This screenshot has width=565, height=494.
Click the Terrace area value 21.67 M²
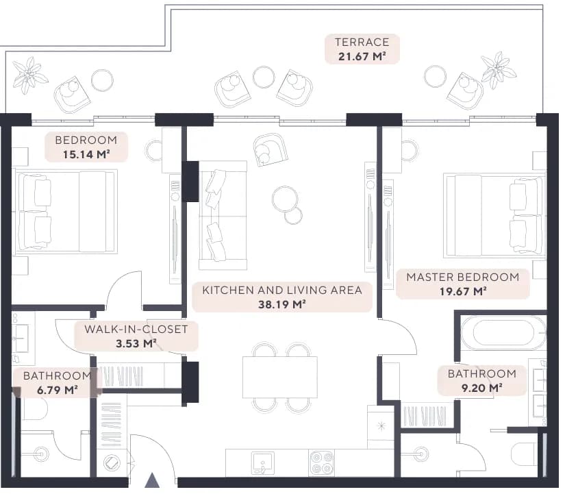click(362, 56)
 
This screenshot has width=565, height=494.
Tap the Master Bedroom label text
click(463, 277)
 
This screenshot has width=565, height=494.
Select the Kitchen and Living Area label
click(282, 290)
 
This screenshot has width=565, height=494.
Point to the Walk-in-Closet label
click(136, 329)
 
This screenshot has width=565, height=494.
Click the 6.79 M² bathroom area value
click(58, 390)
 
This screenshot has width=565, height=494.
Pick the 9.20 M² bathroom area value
click(481, 388)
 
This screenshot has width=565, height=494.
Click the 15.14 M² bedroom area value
click(86, 154)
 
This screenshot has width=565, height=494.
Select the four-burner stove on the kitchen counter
click(321, 462)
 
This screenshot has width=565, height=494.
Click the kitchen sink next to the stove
click(263, 463)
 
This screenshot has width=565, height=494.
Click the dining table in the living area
click(280, 377)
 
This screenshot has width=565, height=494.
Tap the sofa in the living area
click(223, 215)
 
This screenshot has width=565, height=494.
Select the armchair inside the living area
click(270, 149)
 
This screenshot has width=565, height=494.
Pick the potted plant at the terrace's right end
click(499, 71)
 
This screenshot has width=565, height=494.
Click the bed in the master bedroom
click(494, 216)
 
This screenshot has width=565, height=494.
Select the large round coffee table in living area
click(285, 199)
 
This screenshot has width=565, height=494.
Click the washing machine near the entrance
click(112, 463)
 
